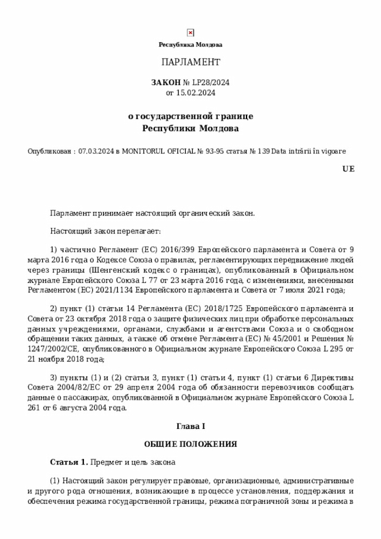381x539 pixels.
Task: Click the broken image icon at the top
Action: click(x=190, y=33)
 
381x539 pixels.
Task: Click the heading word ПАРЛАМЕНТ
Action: click(x=190, y=62)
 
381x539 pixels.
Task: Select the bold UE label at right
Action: click(x=348, y=169)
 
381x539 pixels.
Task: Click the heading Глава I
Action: click(x=190, y=426)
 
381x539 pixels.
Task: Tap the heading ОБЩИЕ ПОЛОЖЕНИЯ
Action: click(x=190, y=444)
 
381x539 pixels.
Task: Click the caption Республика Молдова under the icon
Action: click(x=190, y=45)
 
